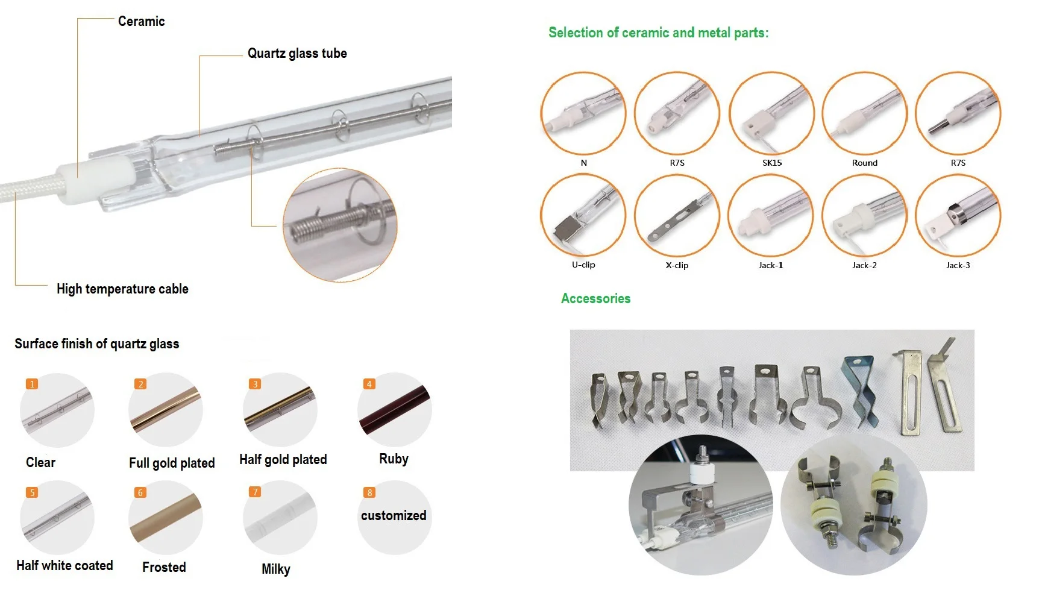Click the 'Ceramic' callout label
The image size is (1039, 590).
(x=141, y=22)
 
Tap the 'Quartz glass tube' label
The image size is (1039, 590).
(x=297, y=54)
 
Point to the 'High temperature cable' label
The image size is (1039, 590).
(x=122, y=289)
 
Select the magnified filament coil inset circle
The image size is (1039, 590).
(x=340, y=225)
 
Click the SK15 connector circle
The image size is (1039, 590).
(x=771, y=114)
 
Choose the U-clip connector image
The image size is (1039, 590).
(x=583, y=216)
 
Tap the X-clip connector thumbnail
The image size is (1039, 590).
(x=677, y=216)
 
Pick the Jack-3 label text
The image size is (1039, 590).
(x=958, y=265)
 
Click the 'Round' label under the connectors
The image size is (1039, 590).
(x=864, y=163)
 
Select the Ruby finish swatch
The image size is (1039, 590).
(x=394, y=410)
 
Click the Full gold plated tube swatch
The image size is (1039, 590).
(x=165, y=410)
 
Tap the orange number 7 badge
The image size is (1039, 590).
(x=255, y=492)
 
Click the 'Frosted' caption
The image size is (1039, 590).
(x=164, y=568)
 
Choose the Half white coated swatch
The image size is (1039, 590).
(x=57, y=517)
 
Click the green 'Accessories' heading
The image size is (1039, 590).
(x=595, y=299)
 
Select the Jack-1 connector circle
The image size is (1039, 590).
(x=771, y=216)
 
